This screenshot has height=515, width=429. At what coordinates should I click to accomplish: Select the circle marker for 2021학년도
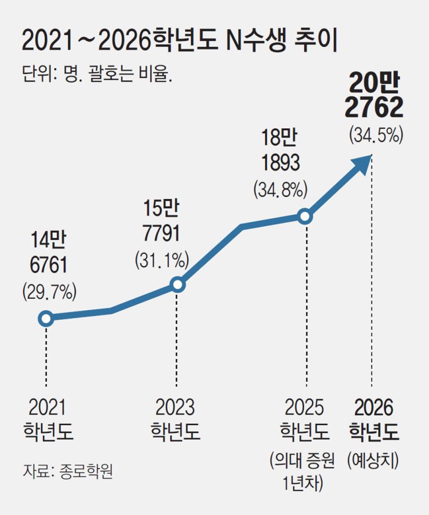click(x=46, y=319)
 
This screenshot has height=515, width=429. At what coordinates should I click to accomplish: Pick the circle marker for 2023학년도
click(x=177, y=284)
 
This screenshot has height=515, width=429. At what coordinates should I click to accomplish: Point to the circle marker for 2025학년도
click(x=306, y=216)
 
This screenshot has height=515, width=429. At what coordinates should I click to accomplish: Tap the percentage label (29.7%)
click(x=49, y=292)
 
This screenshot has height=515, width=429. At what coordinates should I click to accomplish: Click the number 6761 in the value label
click(x=48, y=266)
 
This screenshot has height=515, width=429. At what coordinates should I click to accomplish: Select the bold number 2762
click(x=374, y=108)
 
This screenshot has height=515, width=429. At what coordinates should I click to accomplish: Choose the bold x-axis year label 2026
click(x=374, y=408)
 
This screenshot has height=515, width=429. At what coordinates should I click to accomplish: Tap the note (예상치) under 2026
click(x=374, y=461)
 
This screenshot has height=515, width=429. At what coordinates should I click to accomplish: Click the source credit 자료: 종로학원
click(x=68, y=472)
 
